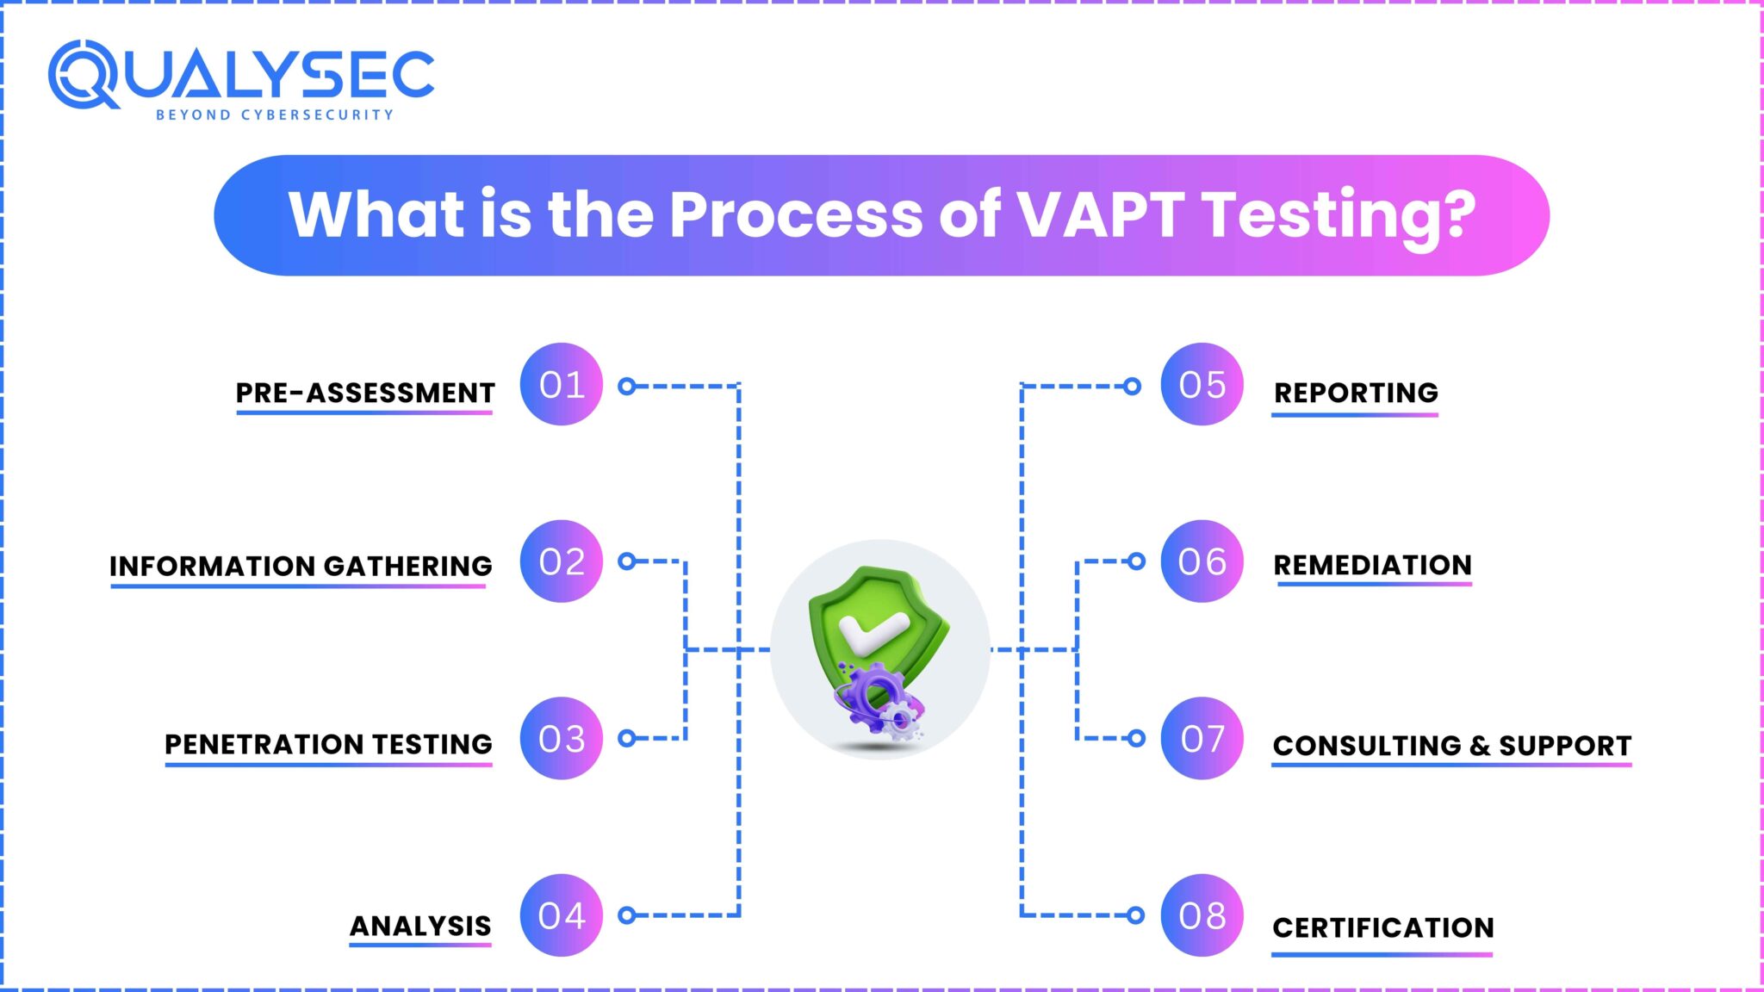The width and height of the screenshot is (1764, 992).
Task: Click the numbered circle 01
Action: pyautogui.click(x=561, y=384)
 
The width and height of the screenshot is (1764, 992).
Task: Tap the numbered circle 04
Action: pyautogui.click(x=561, y=915)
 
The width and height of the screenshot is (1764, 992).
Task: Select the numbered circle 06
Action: pyautogui.click(x=1202, y=561)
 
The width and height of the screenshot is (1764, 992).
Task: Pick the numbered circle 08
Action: pyautogui.click(x=1202, y=915)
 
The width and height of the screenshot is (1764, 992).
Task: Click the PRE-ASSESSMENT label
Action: pyautogui.click(x=365, y=393)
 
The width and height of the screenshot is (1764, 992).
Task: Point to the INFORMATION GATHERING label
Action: pyautogui.click(x=301, y=566)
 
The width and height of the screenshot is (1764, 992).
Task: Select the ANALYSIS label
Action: pyautogui.click(x=420, y=926)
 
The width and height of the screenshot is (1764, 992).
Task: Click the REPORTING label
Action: pyautogui.click(x=1356, y=393)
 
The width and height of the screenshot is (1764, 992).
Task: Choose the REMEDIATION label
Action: pyautogui.click(x=1372, y=565)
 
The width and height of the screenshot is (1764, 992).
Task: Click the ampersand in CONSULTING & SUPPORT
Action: pyautogui.click(x=1480, y=746)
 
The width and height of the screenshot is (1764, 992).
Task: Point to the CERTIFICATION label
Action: pyautogui.click(x=1382, y=927)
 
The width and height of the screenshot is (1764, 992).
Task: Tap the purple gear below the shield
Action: pyautogui.click(x=870, y=696)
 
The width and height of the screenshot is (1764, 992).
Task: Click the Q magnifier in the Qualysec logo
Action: pyautogui.click(x=82, y=75)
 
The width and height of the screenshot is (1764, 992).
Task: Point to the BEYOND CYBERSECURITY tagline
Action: pyautogui.click(x=274, y=115)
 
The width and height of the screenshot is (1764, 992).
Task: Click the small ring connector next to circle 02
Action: pyautogui.click(x=627, y=561)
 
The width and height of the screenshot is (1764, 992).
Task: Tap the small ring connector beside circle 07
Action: pyautogui.click(x=1136, y=738)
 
